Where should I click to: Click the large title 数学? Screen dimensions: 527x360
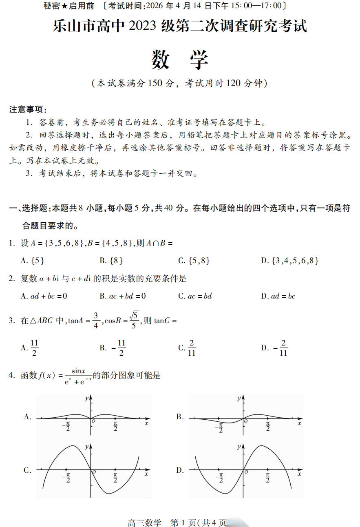[180, 60]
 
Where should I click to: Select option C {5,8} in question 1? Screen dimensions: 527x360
[194, 261]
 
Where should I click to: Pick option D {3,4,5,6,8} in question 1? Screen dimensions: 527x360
[289, 261]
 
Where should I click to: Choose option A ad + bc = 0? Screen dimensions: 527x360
[44, 296]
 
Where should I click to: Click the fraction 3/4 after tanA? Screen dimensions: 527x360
[96, 320]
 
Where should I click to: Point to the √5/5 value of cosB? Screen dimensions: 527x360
[134, 320]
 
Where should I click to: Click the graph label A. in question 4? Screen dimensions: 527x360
[28, 416]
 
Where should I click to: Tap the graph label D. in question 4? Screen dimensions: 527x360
[180, 470]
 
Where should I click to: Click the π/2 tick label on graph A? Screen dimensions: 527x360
[115, 426]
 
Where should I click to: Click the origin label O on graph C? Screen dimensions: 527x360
[94, 472]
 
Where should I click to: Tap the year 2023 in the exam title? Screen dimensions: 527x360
[143, 26]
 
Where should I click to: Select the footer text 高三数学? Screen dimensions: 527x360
[145, 523]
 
